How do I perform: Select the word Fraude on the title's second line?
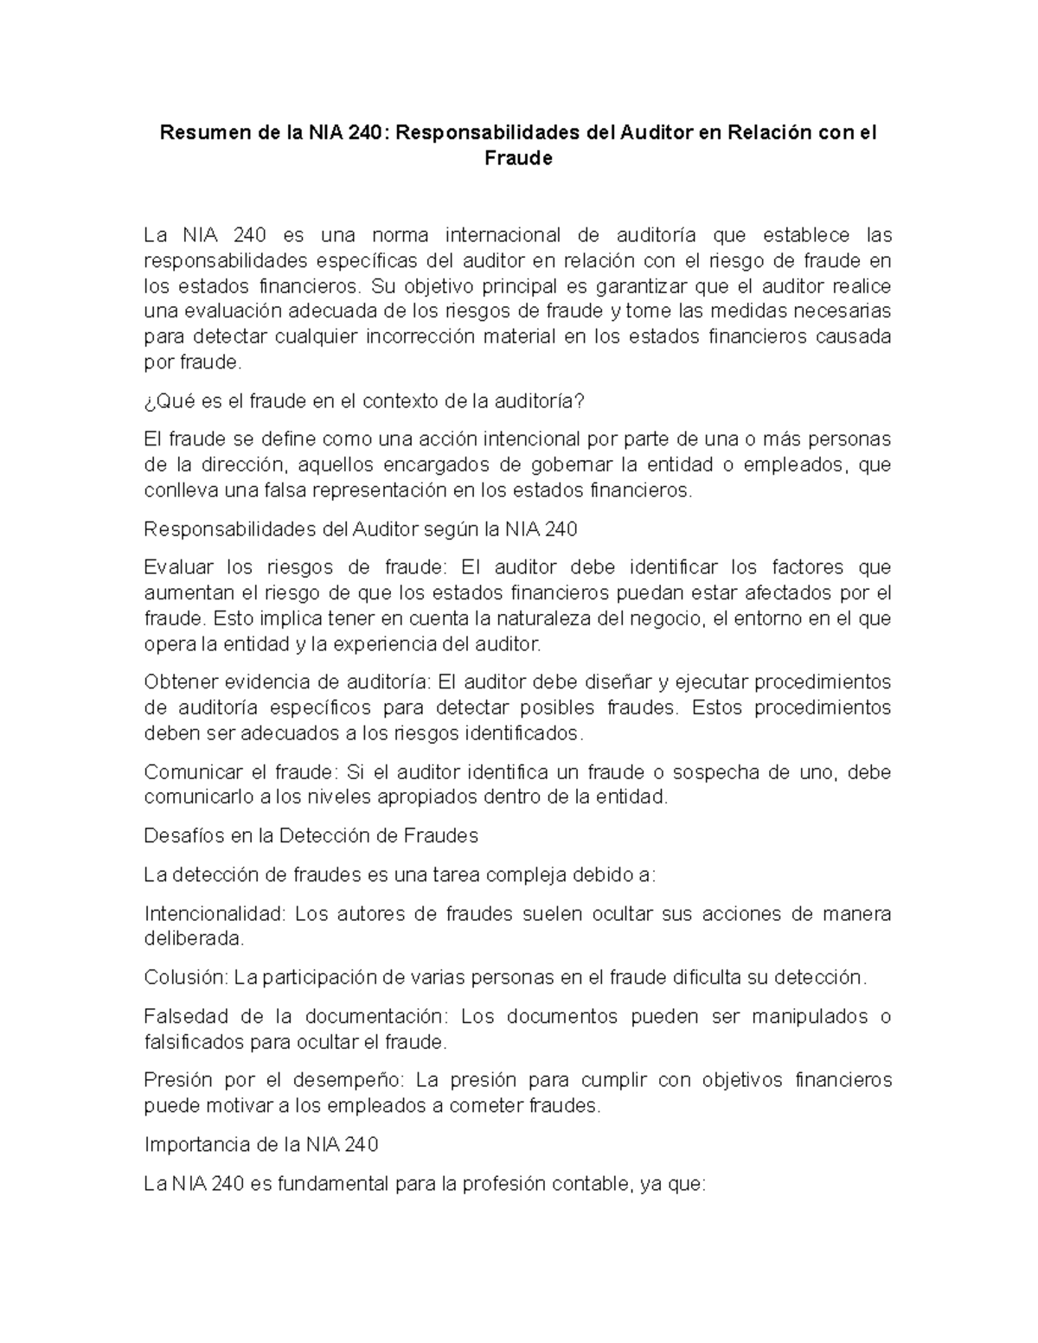pyautogui.click(x=519, y=159)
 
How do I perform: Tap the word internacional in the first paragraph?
pyautogui.click(x=503, y=235)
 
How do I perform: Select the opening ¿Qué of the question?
pyautogui.click(x=164, y=401)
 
